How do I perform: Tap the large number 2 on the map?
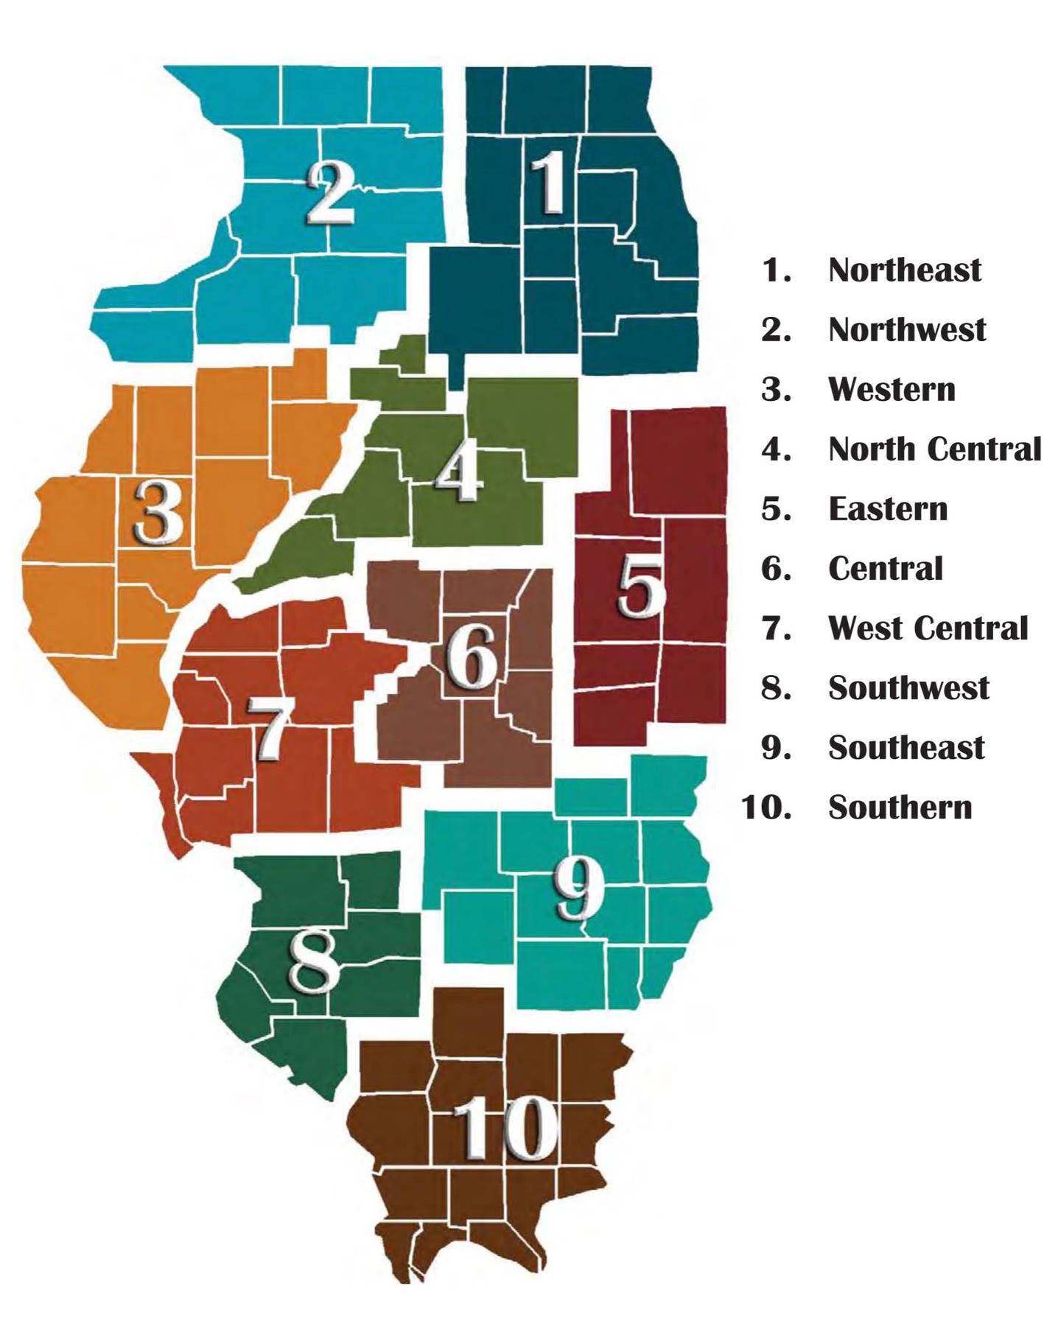331,193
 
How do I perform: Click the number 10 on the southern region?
505,1127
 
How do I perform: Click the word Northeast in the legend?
904,270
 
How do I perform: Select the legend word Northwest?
906,330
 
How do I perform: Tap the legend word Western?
892,390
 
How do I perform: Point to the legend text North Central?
934,449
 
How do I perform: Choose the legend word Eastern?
888,509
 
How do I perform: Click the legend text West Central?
928,629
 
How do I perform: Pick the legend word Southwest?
908,688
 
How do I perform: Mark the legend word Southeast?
906,748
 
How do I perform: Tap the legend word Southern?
900,808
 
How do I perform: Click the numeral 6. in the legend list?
776,569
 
